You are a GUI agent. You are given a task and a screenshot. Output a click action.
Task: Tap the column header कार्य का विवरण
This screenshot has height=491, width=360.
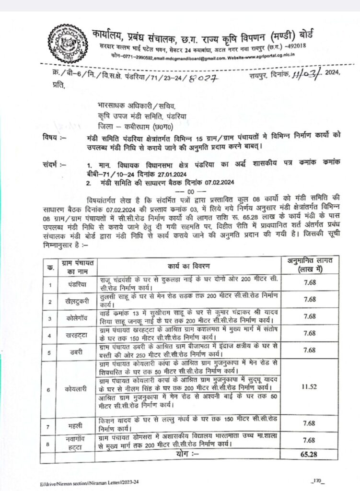tap(189, 266)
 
